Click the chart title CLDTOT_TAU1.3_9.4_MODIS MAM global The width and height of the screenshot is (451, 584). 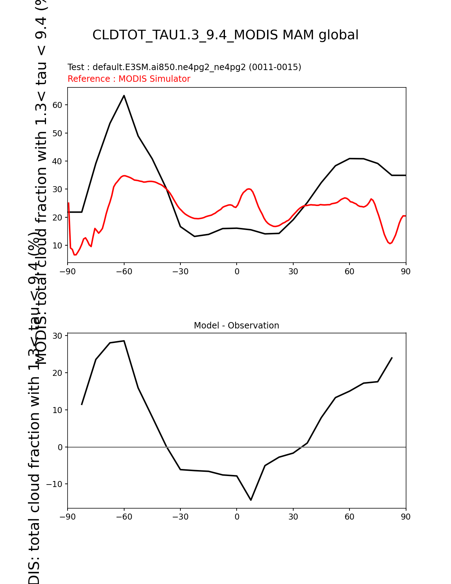(225, 35)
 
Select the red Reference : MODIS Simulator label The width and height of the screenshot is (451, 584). (129, 79)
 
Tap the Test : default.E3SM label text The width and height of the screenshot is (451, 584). (184, 67)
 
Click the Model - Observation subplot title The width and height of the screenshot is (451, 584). (236, 326)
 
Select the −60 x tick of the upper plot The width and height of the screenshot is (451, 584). (124, 272)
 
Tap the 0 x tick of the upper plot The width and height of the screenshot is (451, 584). (237, 272)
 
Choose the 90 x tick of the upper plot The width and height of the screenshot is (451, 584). (406, 272)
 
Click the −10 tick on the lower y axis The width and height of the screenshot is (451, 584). (55, 484)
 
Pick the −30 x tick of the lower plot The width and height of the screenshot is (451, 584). (180, 517)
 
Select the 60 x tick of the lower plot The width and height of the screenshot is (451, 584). (349, 517)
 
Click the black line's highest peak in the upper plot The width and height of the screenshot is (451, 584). (124, 95)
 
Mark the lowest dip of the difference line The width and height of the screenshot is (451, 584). (251, 500)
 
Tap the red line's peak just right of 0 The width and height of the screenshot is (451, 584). (249, 189)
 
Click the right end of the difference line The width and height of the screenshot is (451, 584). (392, 358)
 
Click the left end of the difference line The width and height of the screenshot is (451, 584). (82, 405)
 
